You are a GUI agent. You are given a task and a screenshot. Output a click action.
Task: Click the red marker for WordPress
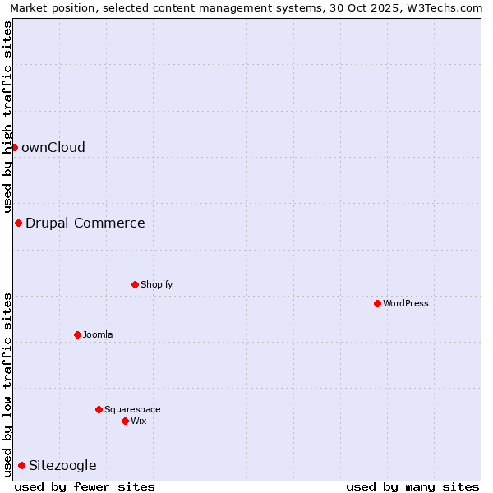[x=377, y=303]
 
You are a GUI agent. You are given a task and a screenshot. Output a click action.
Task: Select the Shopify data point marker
[x=135, y=284]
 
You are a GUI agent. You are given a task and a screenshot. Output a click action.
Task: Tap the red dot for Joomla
[x=77, y=334]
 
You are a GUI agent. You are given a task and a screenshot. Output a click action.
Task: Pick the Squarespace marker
[x=99, y=409]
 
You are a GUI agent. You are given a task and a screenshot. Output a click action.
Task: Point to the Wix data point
[x=125, y=421]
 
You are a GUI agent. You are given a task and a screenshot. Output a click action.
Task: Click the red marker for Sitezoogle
[x=21, y=465]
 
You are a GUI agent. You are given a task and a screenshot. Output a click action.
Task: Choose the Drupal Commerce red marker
[x=18, y=223]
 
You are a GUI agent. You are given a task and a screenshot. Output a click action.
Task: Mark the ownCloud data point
[x=14, y=147]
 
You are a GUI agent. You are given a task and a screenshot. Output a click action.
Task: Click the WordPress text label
[x=405, y=303]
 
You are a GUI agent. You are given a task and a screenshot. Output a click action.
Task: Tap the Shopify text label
[x=156, y=284]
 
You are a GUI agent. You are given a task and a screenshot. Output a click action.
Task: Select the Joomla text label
[x=98, y=334]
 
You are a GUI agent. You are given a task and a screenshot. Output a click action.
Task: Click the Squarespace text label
[x=132, y=409]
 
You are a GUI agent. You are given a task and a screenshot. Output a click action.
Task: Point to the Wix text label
[x=139, y=421]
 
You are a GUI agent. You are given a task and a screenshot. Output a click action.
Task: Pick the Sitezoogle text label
[x=62, y=465]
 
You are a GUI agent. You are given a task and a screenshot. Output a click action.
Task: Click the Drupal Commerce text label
[x=85, y=223]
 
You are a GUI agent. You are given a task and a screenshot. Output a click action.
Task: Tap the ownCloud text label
[x=53, y=147]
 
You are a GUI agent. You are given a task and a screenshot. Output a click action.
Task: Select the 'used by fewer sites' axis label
[x=85, y=486]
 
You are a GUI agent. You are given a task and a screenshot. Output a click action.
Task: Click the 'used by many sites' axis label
[x=412, y=486]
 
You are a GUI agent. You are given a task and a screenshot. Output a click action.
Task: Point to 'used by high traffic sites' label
[x=7, y=117]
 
